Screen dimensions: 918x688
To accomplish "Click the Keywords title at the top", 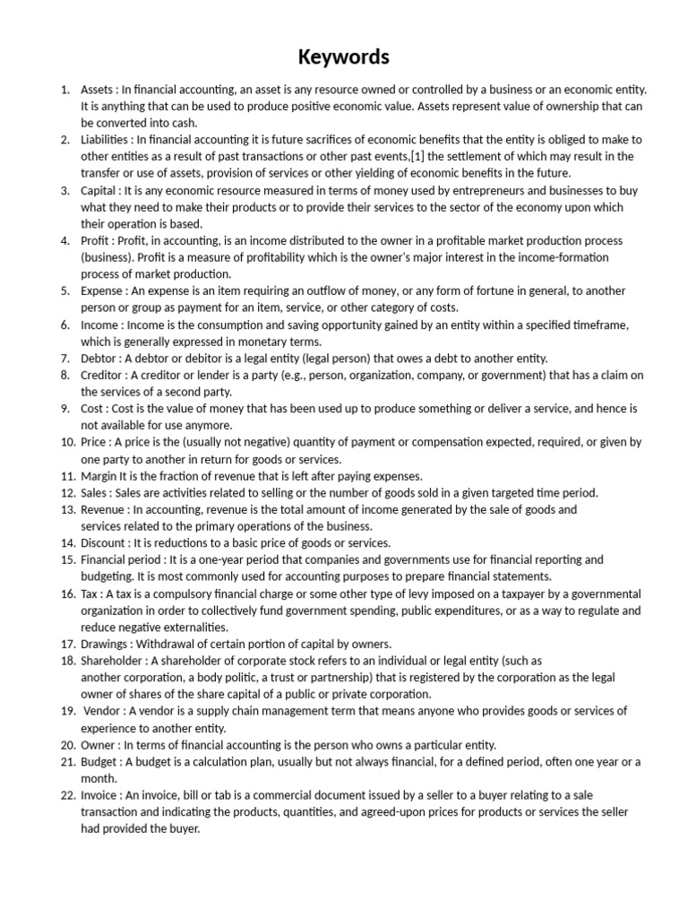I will coord(344,57).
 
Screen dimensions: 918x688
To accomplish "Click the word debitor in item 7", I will coord(194,358).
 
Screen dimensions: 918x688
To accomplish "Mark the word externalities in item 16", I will coord(195,627).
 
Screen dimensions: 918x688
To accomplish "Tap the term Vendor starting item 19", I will coord(104,711).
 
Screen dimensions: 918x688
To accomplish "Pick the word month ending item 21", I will coord(98,778).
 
